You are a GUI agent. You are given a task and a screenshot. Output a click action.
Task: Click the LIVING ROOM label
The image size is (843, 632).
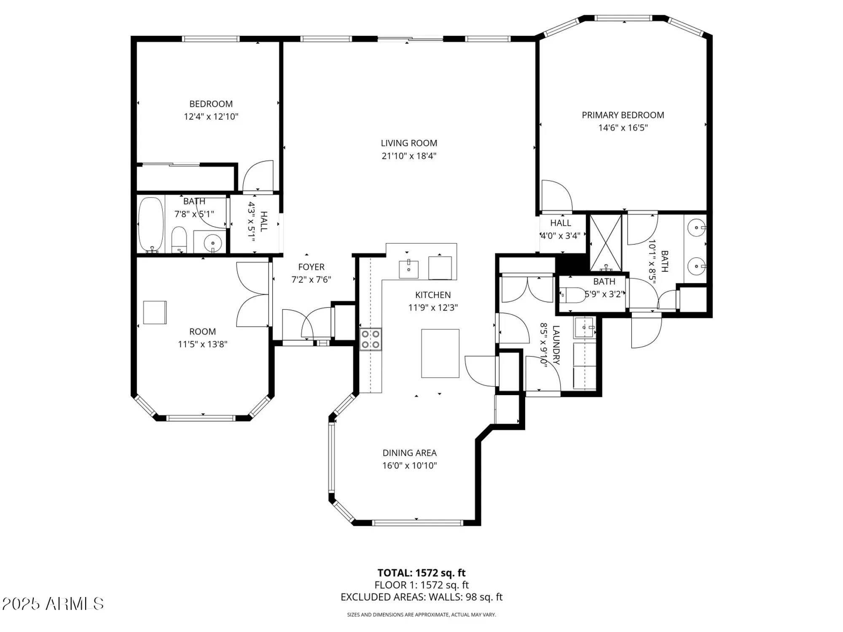pos(409,143)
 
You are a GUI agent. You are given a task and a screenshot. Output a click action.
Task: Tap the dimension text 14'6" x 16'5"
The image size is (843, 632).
pos(623,128)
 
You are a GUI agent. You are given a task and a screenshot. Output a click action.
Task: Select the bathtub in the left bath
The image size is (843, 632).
pos(151,225)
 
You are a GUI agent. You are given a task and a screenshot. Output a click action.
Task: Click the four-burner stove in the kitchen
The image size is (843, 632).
pos(370,339)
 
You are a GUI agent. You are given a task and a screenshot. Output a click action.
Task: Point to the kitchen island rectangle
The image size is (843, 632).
pos(440,353)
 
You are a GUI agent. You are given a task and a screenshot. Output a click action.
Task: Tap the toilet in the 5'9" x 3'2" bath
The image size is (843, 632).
pos(573,295)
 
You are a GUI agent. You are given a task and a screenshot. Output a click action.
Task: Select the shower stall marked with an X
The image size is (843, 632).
pos(606,243)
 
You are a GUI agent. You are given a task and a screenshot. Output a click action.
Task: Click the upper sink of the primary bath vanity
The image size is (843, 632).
pos(696,228)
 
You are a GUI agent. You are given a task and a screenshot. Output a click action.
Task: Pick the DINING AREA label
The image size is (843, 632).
pos(409,453)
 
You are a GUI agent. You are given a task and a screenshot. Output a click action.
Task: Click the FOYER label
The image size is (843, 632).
pos(311,267)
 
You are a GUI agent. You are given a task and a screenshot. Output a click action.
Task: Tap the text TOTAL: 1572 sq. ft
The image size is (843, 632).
pos(421,573)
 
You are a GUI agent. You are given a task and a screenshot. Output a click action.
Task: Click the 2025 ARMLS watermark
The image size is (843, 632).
pos(53,604)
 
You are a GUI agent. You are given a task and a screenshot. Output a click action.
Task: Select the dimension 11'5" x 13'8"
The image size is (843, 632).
pos(202,344)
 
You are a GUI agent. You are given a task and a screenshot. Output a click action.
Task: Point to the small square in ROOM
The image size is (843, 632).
pos(155,312)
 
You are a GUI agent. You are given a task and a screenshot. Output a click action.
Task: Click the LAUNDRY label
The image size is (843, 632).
pos(556,345)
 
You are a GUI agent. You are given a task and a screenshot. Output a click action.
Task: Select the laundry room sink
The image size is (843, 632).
pos(584,327)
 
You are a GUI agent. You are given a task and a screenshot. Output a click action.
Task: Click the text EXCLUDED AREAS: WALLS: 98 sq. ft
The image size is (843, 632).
pos(421,597)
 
